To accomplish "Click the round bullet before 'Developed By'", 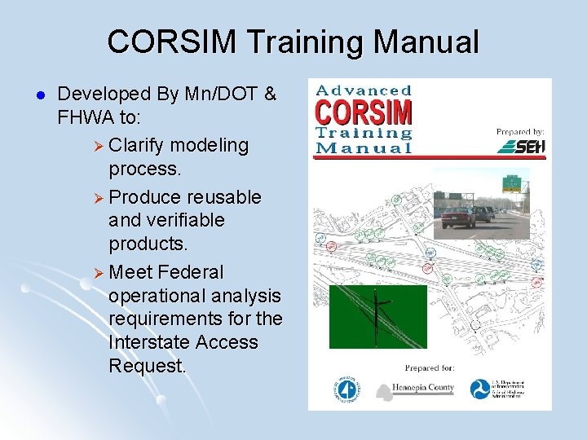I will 32,96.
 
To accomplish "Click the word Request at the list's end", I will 147,367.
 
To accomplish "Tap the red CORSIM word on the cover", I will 364,112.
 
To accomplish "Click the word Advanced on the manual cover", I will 364,90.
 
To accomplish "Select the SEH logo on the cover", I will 521,147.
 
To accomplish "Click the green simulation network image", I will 377,316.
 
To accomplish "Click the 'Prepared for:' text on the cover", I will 430,367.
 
